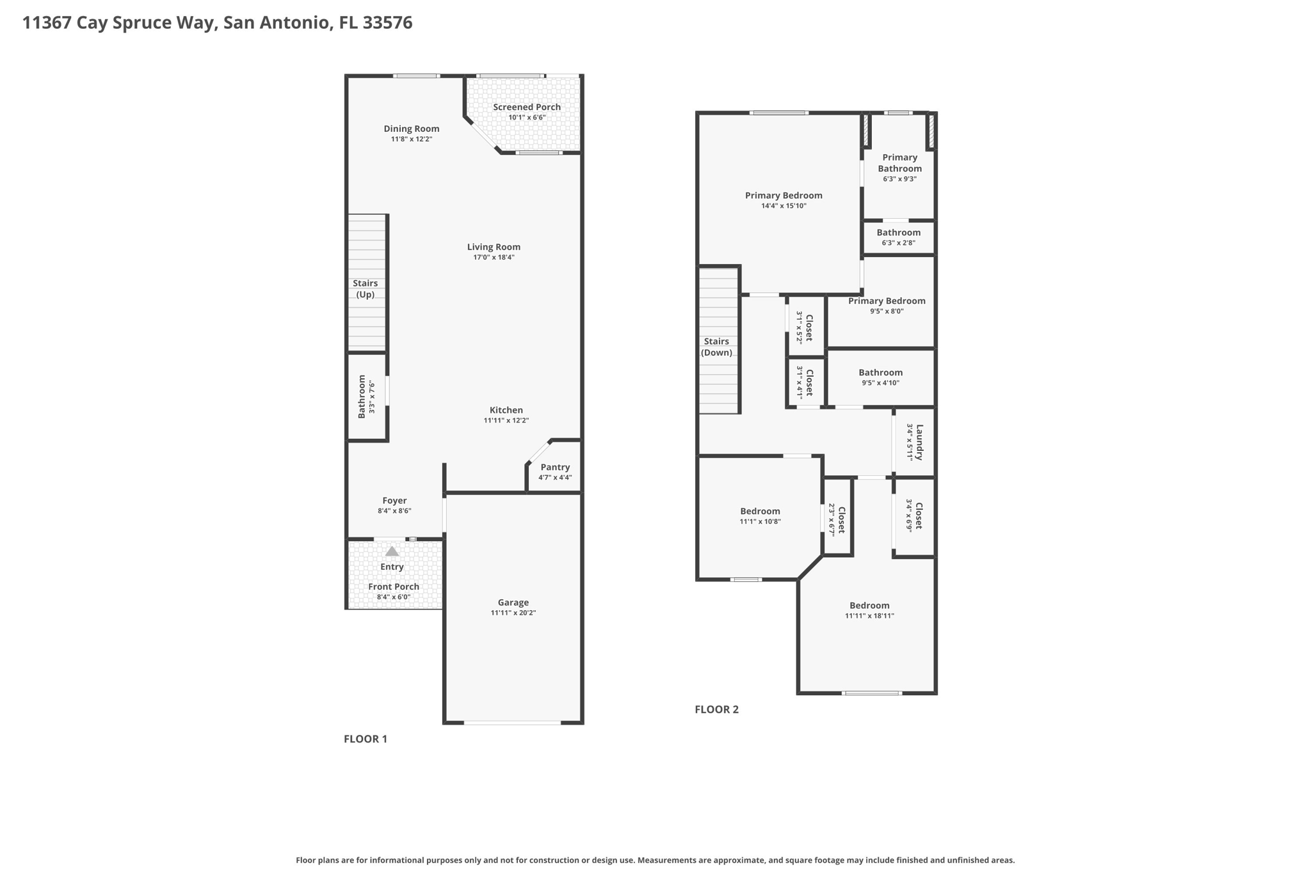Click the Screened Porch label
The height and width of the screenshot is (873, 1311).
pos(526,107)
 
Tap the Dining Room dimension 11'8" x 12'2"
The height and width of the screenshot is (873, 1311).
pos(412,139)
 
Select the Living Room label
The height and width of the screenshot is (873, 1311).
pos(494,247)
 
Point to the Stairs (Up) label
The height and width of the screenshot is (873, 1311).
pos(366,288)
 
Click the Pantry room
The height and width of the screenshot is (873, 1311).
pos(554,467)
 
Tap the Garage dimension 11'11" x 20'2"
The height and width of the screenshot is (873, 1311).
pos(513,613)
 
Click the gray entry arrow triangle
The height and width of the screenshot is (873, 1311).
pos(392,551)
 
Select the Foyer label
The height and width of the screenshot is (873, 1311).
pos(394,501)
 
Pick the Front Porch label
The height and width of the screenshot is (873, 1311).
pos(394,586)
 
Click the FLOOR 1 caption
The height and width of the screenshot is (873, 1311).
pos(366,739)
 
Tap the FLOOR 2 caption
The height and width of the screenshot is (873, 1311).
pos(716,709)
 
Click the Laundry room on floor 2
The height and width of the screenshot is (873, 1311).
pos(914,442)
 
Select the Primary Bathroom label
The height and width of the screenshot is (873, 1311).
pos(899,163)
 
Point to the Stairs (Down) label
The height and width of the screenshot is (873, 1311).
pos(716,347)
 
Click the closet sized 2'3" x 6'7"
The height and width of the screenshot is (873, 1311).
pos(837,517)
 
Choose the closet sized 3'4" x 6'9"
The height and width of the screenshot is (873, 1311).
pos(914,517)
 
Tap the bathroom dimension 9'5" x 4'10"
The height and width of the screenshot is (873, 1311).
pos(880,383)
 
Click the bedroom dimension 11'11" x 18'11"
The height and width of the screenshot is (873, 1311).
pos(869,616)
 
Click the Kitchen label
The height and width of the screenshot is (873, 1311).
pos(506,410)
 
